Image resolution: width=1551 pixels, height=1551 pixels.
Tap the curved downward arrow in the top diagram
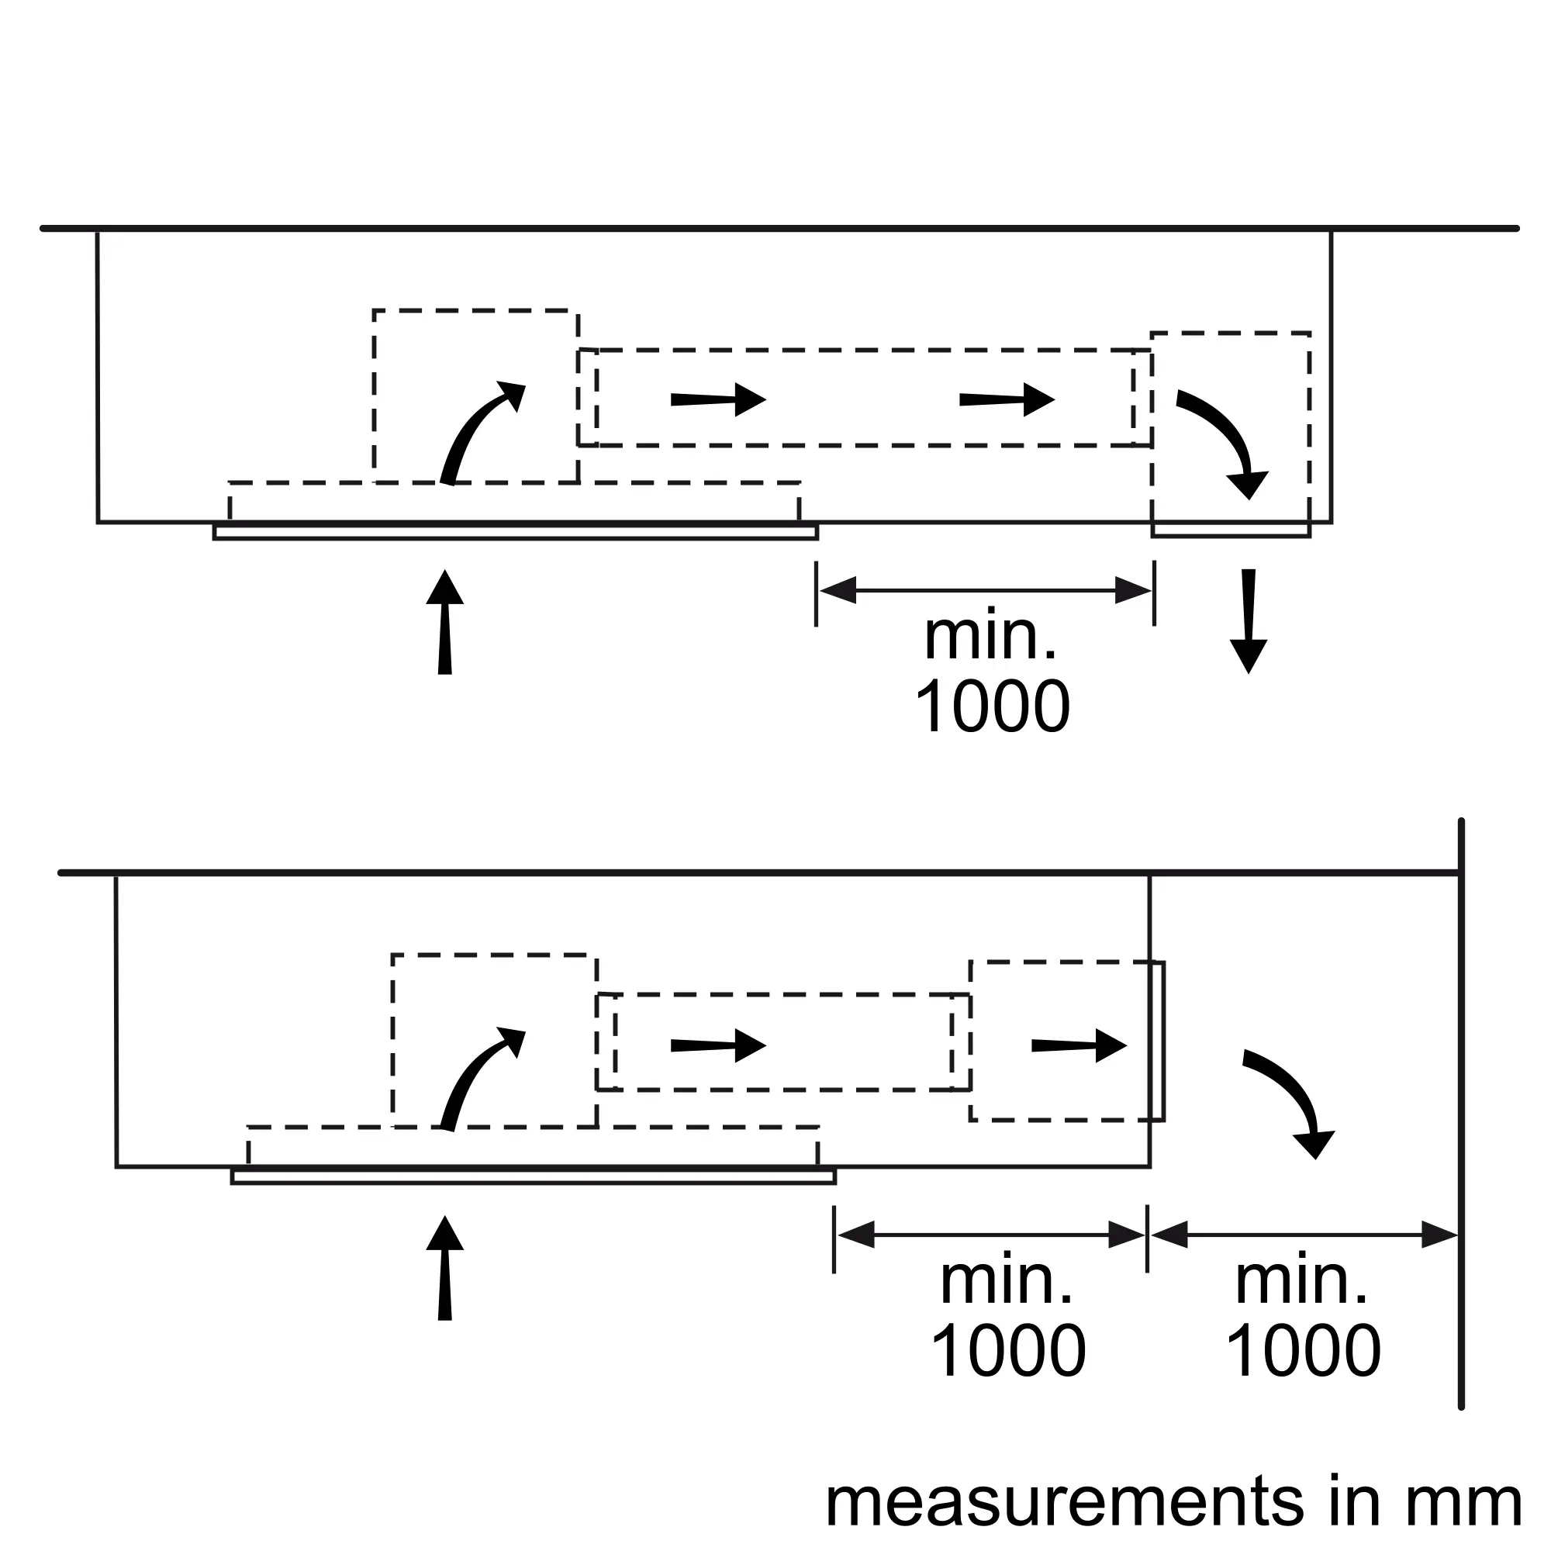point(1223,444)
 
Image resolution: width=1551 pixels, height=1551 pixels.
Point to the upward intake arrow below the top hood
point(444,622)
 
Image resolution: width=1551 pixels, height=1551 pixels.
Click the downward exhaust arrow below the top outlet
point(1249,621)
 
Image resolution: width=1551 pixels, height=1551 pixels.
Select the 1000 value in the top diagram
point(993,706)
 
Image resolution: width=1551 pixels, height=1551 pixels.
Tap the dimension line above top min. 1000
point(985,591)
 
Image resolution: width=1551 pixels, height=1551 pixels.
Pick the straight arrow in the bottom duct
point(719,1045)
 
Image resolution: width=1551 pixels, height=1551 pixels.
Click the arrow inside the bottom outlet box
point(1079,1045)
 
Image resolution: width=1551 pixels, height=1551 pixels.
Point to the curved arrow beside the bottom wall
point(1288,1104)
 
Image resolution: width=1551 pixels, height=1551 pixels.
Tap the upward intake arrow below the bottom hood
point(444,1268)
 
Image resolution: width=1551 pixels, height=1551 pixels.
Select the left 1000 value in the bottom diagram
point(1008,1351)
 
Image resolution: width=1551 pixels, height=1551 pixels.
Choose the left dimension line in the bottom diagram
point(990,1235)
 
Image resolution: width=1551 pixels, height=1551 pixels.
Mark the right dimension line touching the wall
point(1304,1235)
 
